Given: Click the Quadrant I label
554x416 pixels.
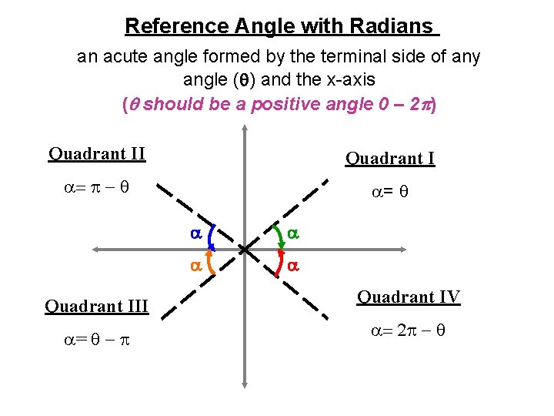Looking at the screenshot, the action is pyautogui.click(x=390, y=159).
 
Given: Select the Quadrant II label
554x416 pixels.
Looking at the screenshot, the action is pyautogui.click(x=97, y=153).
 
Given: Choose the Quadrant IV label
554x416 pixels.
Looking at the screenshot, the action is pyautogui.click(x=409, y=297).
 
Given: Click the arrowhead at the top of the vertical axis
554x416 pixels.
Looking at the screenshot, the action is pyautogui.click(x=244, y=132).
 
